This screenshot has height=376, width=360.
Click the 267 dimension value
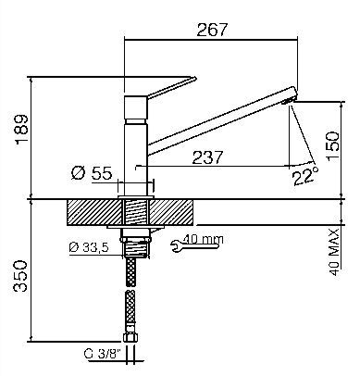[x=212, y=30]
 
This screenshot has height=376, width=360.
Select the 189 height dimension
[x=22, y=129]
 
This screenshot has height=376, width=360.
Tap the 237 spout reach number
[x=207, y=157]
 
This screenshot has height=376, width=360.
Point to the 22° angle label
[x=305, y=176]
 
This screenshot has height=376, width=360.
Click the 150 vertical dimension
[x=333, y=146]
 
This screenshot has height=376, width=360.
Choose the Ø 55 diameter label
[x=92, y=173]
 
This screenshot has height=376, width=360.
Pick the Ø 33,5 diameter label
[x=89, y=247]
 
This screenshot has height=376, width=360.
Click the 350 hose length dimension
[x=21, y=276]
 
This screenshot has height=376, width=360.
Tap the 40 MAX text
[x=334, y=252]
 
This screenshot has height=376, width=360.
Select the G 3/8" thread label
[x=103, y=354]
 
